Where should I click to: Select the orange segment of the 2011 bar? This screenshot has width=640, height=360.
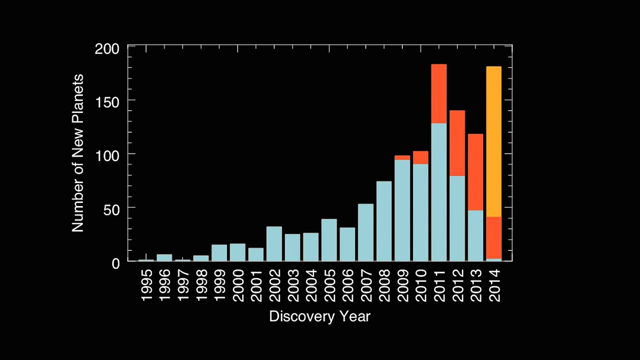click(439, 94)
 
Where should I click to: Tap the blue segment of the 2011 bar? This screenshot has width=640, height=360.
click(439, 192)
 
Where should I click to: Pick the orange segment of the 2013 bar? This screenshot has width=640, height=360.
click(475, 172)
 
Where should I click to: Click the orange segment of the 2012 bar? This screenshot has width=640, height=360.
click(457, 143)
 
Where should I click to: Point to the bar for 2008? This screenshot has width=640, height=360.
click(384, 221)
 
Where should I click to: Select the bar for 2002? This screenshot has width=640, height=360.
click(274, 244)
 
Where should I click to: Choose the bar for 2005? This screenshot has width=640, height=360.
click(329, 240)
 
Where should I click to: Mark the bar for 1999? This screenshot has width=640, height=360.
click(219, 253)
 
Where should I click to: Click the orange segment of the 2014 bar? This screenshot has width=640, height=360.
click(494, 238)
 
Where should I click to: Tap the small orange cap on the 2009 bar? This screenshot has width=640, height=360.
click(402, 158)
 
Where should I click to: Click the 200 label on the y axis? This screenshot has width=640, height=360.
click(107, 49)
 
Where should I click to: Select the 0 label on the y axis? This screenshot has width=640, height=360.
click(116, 264)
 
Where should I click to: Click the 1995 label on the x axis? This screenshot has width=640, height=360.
click(147, 285)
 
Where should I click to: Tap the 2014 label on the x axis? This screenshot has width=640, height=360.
click(494, 285)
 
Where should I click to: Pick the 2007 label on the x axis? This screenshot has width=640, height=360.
click(366, 285)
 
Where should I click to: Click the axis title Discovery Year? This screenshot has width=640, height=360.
click(320, 317)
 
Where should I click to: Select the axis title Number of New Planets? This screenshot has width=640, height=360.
click(78, 153)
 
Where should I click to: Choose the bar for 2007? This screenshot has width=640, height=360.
click(366, 232)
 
